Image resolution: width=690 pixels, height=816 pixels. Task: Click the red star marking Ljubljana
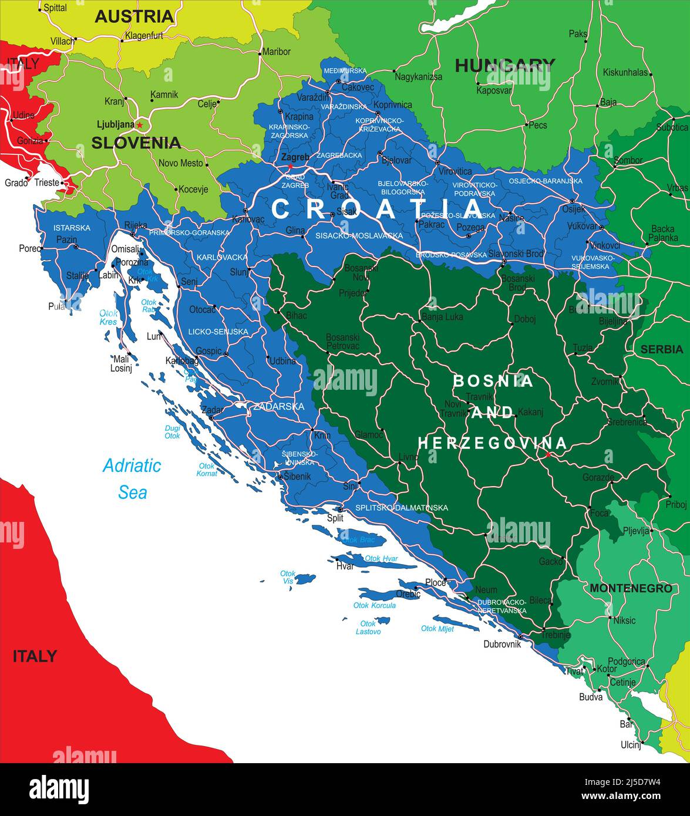click(x=140, y=125)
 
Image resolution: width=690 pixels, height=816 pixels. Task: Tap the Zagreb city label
click(x=295, y=157)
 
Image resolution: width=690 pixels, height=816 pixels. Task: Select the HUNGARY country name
click(x=504, y=65)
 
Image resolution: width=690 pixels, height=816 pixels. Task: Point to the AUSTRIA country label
click(x=134, y=16)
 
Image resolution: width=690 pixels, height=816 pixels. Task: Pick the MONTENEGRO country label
click(x=631, y=588)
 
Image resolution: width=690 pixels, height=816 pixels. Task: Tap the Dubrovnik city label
click(x=502, y=644)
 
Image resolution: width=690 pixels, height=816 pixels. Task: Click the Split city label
click(x=335, y=518)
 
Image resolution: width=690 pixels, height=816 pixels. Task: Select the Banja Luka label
click(x=442, y=317)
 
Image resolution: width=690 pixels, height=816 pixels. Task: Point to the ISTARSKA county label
click(x=72, y=228)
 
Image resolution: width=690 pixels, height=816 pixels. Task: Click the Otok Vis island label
click(x=288, y=577)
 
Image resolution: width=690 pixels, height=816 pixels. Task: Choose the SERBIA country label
click(x=662, y=349)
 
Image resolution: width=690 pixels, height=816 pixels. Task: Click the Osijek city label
click(x=573, y=209)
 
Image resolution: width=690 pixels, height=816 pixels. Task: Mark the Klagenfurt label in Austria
click(x=144, y=36)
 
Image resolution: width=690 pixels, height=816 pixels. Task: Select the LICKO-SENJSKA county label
click(x=218, y=332)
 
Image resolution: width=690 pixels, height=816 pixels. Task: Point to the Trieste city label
click(x=47, y=183)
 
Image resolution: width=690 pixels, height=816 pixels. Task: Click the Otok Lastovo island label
click(x=368, y=628)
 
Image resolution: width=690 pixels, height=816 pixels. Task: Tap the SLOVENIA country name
click(x=136, y=143)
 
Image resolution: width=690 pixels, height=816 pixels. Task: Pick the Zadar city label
click(x=211, y=410)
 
